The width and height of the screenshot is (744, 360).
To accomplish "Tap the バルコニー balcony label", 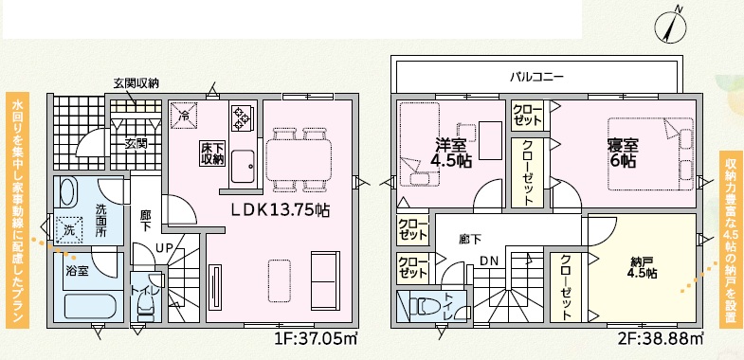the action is (x=536, y=77).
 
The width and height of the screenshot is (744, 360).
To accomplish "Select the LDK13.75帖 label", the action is (x=281, y=209).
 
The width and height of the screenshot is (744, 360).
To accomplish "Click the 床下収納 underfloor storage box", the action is (x=211, y=153).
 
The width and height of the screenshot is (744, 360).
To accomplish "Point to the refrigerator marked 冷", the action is (x=184, y=116).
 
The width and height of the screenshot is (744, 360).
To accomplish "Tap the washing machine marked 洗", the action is (x=69, y=230).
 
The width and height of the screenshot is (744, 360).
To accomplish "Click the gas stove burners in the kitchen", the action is (x=242, y=118).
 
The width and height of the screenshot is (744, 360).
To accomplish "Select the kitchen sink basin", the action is (x=242, y=166).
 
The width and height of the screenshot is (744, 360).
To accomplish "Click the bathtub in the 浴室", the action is (x=91, y=306).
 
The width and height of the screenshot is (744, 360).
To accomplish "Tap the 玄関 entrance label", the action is (x=136, y=143).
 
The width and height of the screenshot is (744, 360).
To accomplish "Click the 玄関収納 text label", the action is (x=136, y=84).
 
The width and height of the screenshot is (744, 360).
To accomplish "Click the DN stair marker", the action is (x=489, y=260).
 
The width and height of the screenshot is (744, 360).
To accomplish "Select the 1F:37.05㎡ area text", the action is (x=316, y=340).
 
